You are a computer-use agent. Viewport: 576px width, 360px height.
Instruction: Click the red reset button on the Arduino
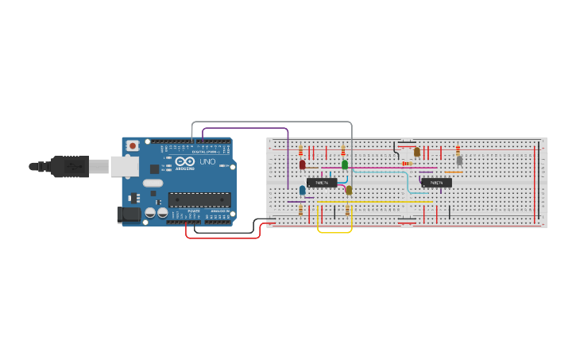tap(133, 145)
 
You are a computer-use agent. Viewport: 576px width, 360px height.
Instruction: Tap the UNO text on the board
tap(207, 161)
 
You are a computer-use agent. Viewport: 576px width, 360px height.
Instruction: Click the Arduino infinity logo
tap(185, 161)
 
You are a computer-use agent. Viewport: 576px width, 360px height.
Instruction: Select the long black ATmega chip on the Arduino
tap(199, 199)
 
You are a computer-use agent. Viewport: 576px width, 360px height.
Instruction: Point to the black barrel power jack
tap(126, 214)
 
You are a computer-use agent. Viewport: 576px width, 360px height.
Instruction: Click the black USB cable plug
tap(72, 166)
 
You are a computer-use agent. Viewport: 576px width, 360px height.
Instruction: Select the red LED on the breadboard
tap(302, 165)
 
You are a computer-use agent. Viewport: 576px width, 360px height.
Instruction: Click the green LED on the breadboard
tap(344, 165)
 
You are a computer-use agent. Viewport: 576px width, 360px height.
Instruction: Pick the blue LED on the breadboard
tap(302, 190)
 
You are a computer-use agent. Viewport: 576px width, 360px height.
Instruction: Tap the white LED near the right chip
tap(459, 160)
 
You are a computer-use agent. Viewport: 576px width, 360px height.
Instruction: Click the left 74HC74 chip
tap(322, 183)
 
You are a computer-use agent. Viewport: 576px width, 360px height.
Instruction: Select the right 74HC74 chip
tap(437, 183)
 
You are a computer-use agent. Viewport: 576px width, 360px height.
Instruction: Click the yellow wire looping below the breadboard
tap(334, 232)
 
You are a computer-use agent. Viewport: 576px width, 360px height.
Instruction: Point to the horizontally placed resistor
tap(407, 164)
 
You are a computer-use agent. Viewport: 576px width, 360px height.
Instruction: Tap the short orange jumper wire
tap(454, 172)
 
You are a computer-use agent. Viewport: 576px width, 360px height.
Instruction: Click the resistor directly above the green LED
tap(343, 150)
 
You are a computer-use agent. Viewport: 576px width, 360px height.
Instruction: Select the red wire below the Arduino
tap(222, 237)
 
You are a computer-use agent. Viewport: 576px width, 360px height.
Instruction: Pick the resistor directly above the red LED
tap(300, 149)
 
